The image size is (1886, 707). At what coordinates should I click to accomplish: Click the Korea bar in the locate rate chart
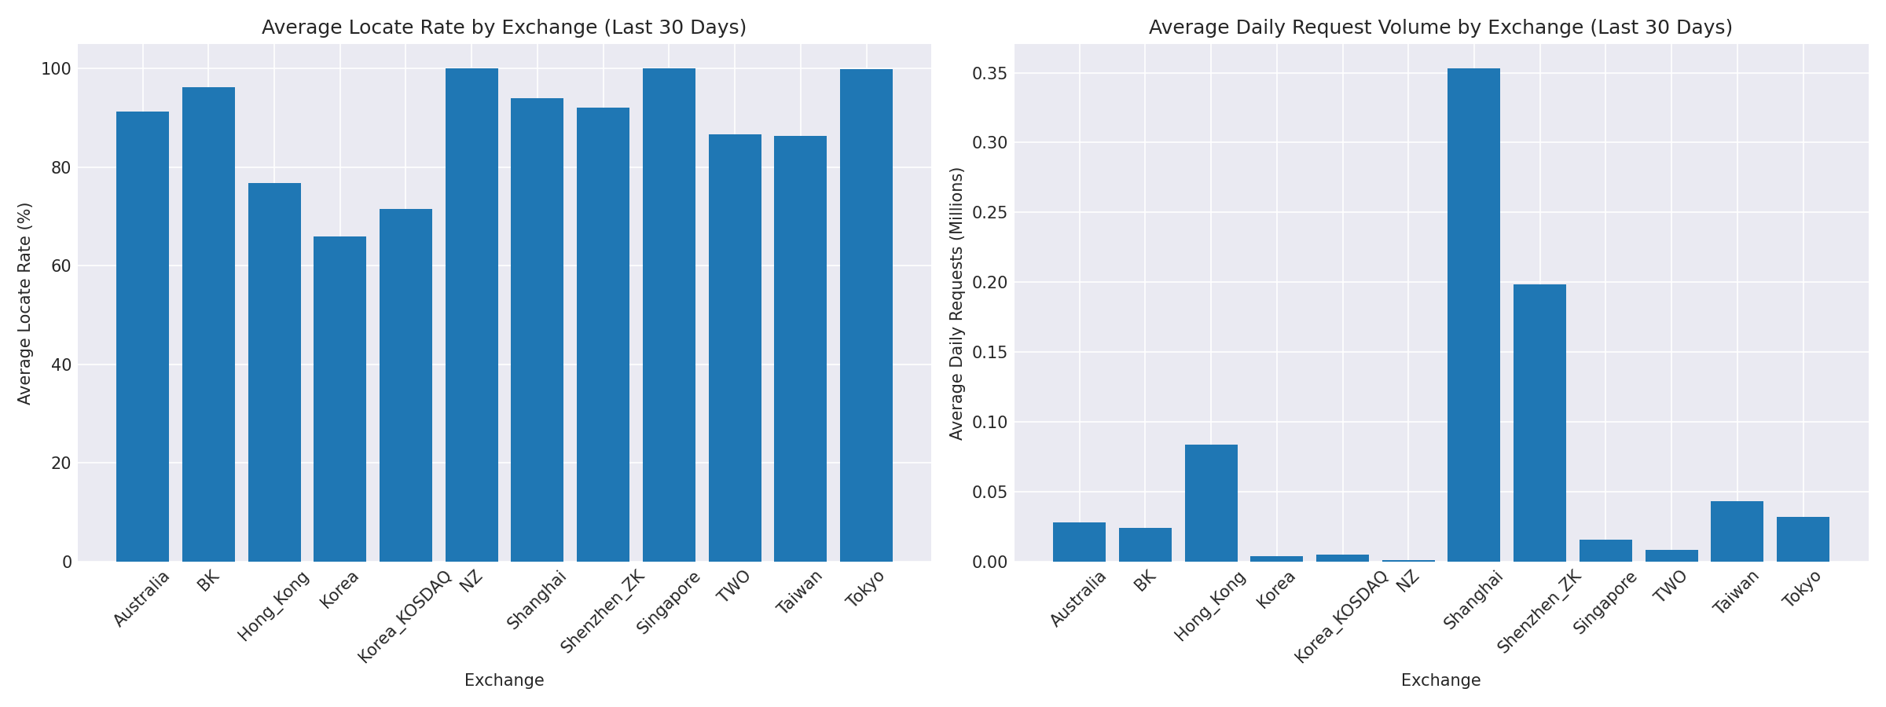(339, 399)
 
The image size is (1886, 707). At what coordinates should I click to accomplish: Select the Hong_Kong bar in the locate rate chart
(274, 372)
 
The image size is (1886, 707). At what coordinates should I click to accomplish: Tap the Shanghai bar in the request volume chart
(1473, 314)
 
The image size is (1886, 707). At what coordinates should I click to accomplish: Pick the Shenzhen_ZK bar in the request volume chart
(1539, 423)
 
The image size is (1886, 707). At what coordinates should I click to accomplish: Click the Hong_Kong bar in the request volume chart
(1211, 503)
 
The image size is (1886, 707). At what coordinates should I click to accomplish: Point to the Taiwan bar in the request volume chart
(1737, 531)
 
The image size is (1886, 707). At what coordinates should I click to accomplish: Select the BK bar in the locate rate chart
(208, 324)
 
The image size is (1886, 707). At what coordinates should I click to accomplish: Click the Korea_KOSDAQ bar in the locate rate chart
(405, 385)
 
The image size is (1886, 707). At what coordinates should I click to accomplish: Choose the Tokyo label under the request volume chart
(1802, 589)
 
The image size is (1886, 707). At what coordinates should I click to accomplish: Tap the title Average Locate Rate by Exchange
(504, 27)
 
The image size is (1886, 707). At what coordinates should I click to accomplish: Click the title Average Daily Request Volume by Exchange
(1440, 27)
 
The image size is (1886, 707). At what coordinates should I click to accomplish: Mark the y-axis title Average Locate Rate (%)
(24, 303)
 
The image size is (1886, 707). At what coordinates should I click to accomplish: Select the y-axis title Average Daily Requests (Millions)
(956, 303)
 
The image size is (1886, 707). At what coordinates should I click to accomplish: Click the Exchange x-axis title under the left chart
(504, 680)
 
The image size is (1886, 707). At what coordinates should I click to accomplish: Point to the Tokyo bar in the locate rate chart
(866, 314)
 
